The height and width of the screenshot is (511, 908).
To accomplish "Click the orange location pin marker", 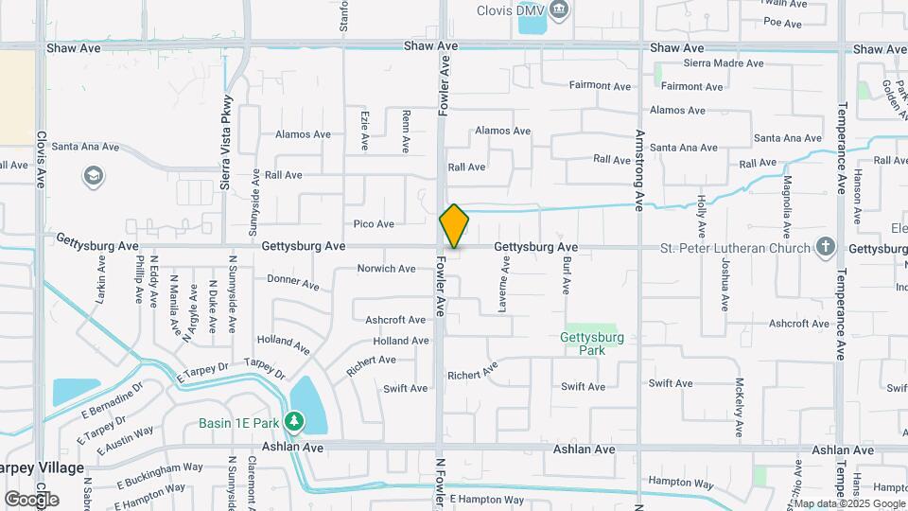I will (x=454, y=226).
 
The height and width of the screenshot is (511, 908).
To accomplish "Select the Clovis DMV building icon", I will (x=559, y=10).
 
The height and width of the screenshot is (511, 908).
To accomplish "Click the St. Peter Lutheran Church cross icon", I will (x=826, y=248).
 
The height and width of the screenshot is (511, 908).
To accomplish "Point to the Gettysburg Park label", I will (x=592, y=343).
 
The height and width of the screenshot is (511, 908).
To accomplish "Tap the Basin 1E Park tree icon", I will (x=295, y=420).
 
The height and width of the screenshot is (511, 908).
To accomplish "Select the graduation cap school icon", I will (x=94, y=177).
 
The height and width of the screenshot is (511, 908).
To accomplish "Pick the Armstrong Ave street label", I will (x=639, y=170).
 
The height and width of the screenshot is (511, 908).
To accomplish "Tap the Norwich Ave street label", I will (x=386, y=269).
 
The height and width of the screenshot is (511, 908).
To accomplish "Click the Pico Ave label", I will (x=374, y=224).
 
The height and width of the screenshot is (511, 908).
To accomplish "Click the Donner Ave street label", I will (x=293, y=282).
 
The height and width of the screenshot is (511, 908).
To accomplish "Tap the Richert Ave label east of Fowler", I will (x=473, y=374).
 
